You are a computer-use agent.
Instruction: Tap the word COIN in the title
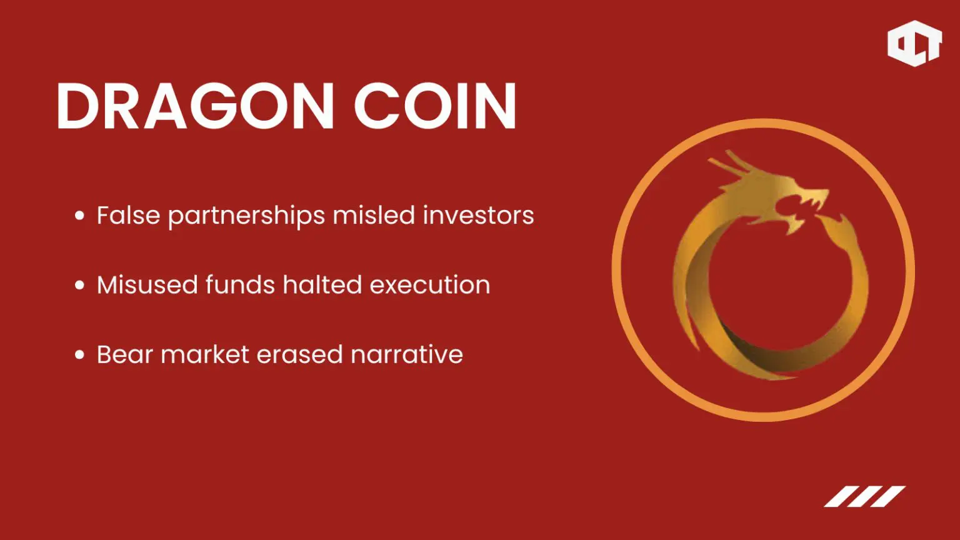click(435, 106)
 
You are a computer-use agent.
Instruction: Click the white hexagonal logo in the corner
click(914, 43)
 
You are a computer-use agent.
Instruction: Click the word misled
click(374, 216)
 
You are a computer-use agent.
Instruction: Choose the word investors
click(478, 216)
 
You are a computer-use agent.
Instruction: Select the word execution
click(429, 285)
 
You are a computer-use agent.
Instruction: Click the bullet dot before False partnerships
click(79, 216)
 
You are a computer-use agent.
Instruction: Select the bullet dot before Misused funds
click(79, 286)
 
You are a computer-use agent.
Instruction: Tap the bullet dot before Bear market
click(79, 355)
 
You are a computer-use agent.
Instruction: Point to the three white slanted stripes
click(864, 496)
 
